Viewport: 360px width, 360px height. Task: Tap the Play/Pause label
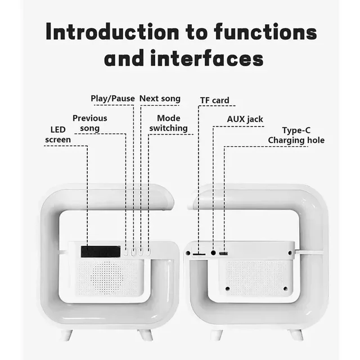point(112,99)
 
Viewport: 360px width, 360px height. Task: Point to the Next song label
point(160,99)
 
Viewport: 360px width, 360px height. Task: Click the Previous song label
point(89,123)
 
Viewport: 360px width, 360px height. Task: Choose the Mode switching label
point(168,123)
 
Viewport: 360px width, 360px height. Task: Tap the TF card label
point(214,101)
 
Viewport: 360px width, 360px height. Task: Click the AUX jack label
point(245,119)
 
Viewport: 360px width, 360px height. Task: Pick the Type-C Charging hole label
point(296,135)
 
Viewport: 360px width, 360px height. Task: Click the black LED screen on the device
point(100,251)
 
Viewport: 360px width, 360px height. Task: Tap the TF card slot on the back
point(199,254)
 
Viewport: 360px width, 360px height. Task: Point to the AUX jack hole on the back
point(213,253)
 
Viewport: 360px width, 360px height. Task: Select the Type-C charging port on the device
point(224,254)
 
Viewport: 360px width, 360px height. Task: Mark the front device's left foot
point(67,334)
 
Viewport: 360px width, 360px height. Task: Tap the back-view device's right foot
point(295,334)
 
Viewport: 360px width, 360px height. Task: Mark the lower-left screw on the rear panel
point(227,289)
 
